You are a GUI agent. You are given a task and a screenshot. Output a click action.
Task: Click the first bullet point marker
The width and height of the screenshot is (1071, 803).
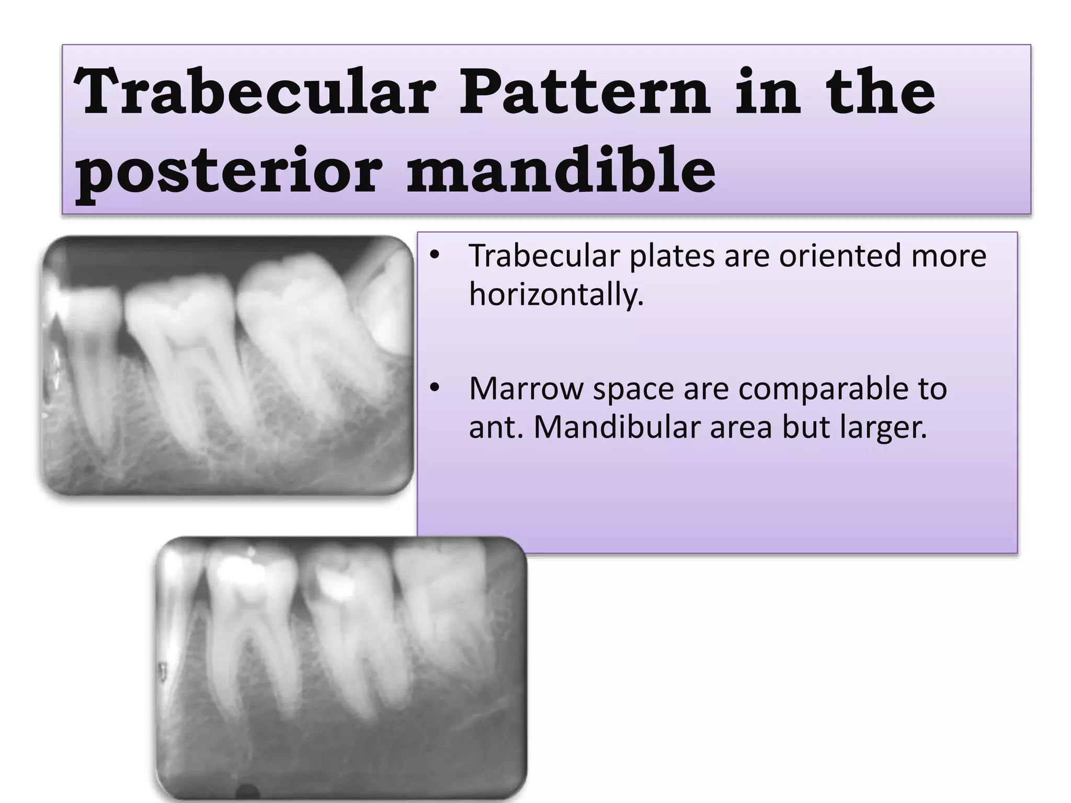click(x=434, y=256)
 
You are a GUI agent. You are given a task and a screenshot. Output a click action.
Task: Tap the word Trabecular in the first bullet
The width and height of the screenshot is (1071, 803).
click(x=544, y=256)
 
